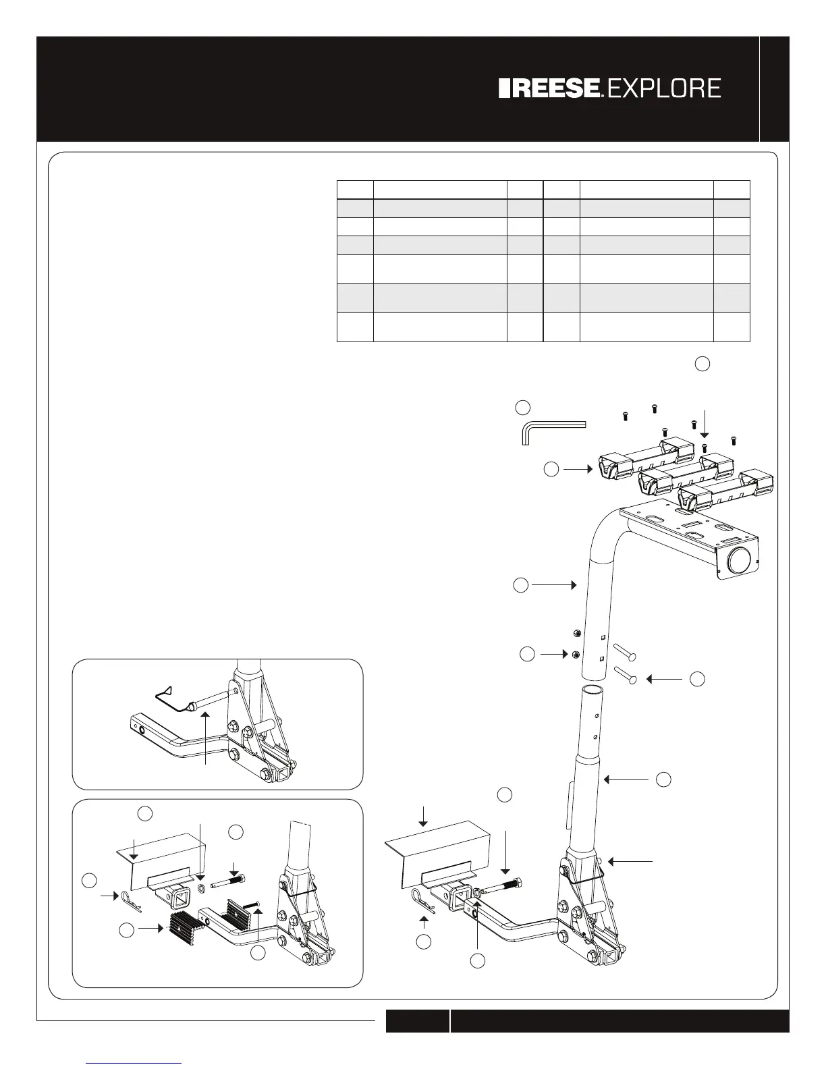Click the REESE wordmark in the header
551,88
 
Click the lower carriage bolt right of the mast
626,674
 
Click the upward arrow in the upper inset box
205,736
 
